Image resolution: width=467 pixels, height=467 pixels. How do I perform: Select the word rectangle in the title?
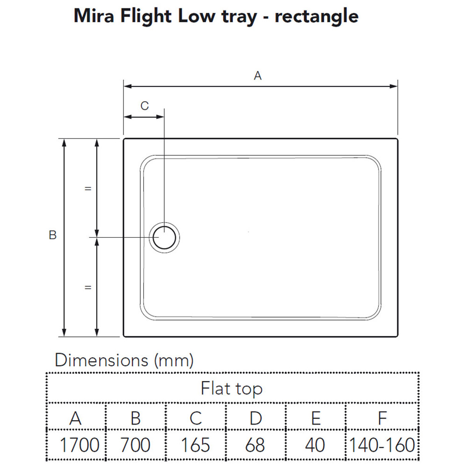click(316, 16)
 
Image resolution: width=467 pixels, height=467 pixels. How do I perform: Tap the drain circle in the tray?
click(165, 237)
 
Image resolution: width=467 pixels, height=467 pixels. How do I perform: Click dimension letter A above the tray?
click(258, 75)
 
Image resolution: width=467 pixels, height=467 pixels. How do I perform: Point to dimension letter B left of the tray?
click(53, 235)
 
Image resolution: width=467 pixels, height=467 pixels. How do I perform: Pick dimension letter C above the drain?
click(144, 106)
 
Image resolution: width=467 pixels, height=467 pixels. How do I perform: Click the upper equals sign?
click(88, 189)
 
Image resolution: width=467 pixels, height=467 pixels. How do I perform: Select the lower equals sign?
click(88, 288)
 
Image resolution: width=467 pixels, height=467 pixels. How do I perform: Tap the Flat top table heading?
click(232, 388)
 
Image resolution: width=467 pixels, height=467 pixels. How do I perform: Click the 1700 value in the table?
click(79, 445)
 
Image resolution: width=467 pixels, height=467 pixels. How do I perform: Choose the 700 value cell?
click(135, 445)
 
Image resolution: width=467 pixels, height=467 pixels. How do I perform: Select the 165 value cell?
click(195, 445)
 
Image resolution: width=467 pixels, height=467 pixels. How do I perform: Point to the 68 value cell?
click(255, 445)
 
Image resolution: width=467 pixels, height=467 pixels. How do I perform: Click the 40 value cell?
click(315, 445)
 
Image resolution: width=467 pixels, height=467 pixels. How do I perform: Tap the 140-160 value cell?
click(382, 445)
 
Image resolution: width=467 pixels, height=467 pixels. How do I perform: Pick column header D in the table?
click(255, 418)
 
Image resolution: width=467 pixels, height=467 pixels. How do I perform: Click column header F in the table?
click(382, 418)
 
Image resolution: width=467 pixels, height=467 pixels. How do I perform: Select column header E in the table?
click(316, 418)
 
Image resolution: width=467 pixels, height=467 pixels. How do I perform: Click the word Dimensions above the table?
click(102, 360)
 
